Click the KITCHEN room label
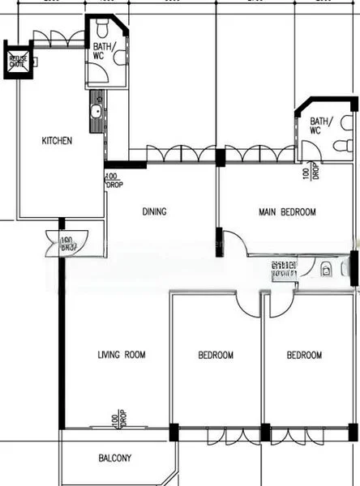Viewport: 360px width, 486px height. (x=57, y=141)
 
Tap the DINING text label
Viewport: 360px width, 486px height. (x=154, y=212)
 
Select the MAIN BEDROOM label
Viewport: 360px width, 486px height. (x=287, y=212)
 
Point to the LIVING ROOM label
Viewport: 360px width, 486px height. (x=121, y=355)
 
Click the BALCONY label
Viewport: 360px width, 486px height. (x=115, y=458)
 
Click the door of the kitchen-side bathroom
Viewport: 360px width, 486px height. (x=97, y=76)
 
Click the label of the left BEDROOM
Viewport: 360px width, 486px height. (x=216, y=355)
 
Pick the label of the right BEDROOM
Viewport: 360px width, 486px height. (x=304, y=355)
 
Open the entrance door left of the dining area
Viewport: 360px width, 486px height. (x=58, y=241)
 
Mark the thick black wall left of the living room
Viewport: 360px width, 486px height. (x=61, y=340)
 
